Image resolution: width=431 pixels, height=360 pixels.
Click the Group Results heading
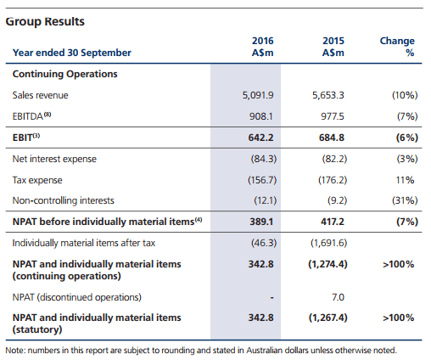coord(45,21)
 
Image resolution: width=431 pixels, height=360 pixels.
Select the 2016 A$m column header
coord(263,47)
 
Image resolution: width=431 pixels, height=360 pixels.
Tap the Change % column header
coord(397,47)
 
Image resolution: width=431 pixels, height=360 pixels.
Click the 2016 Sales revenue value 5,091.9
coord(258,95)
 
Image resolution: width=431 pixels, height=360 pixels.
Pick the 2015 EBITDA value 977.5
coord(333,116)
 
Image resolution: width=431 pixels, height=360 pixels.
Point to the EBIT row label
coord(26,138)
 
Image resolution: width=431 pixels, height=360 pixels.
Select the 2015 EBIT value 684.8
coord(332,138)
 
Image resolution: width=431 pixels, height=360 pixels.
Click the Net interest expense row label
coord(54,159)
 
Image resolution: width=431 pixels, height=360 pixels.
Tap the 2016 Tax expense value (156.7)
coord(262,180)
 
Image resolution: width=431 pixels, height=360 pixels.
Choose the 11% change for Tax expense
coord(405,180)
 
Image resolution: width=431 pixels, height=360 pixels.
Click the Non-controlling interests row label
coord(63,200)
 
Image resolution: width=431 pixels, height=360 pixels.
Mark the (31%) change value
coord(405,200)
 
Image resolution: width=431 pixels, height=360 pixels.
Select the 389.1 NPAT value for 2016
coord(261,222)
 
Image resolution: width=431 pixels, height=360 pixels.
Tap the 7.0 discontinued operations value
coord(338,297)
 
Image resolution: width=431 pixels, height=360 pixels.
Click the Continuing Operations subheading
coord(64,74)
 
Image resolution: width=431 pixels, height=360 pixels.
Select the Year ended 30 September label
coord(72,53)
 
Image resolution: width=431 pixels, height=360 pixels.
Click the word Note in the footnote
coord(15,351)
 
